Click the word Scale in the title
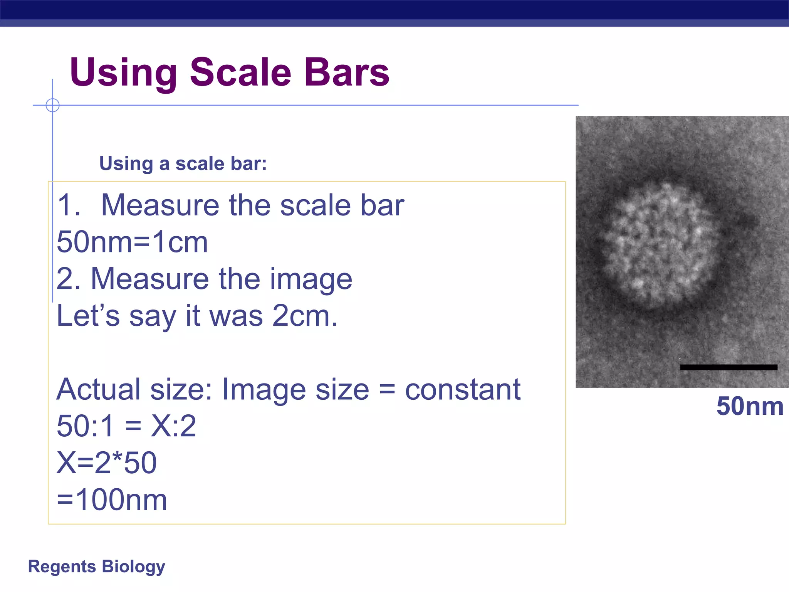click(x=240, y=72)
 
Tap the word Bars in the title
click(x=346, y=72)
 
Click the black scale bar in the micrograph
click(x=728, y=367)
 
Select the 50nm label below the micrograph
click(x=749, y=406)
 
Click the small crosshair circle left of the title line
click(x=52, y=105)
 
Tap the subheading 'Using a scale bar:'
click(x=183, y=163)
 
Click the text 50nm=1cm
click(x=132, y=242)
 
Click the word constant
click(x=462, y=390)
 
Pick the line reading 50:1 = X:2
click(x=126, y=426)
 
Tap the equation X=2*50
click(x=107, y=463)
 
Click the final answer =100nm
click(x=112, y=500)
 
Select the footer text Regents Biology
click(x=96, y=567)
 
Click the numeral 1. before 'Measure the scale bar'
click(x=68, y=205)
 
